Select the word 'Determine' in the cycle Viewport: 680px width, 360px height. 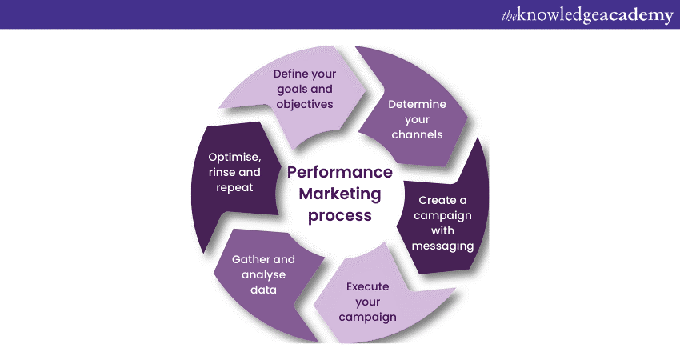point(417,104)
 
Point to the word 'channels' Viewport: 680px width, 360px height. point(417,134)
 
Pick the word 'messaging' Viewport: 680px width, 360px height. point(443,246)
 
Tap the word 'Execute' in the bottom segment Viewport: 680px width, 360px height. point(368,286)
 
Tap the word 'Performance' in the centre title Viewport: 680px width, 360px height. point(340,173)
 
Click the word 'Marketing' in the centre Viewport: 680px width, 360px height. point(340,194)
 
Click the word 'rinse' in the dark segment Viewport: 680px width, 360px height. point(223,172)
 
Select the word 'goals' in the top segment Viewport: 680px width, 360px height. point(293,90)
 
